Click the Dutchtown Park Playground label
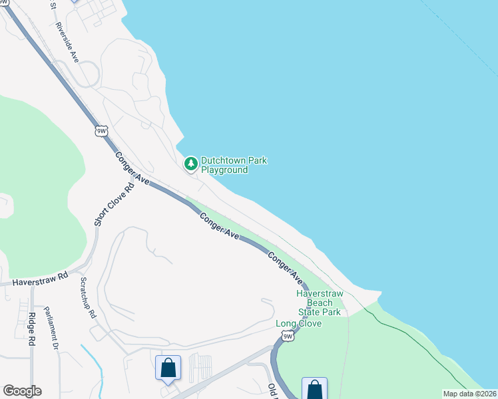224,165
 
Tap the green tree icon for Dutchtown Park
191,163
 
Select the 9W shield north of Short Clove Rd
101,130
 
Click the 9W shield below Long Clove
288,336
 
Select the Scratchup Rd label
87,297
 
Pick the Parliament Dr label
52,328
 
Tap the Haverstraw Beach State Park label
319,303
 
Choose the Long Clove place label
299,324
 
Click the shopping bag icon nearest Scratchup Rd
168,368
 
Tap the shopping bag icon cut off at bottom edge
314,389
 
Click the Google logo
22,391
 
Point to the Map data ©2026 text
469,394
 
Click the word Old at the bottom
272,389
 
